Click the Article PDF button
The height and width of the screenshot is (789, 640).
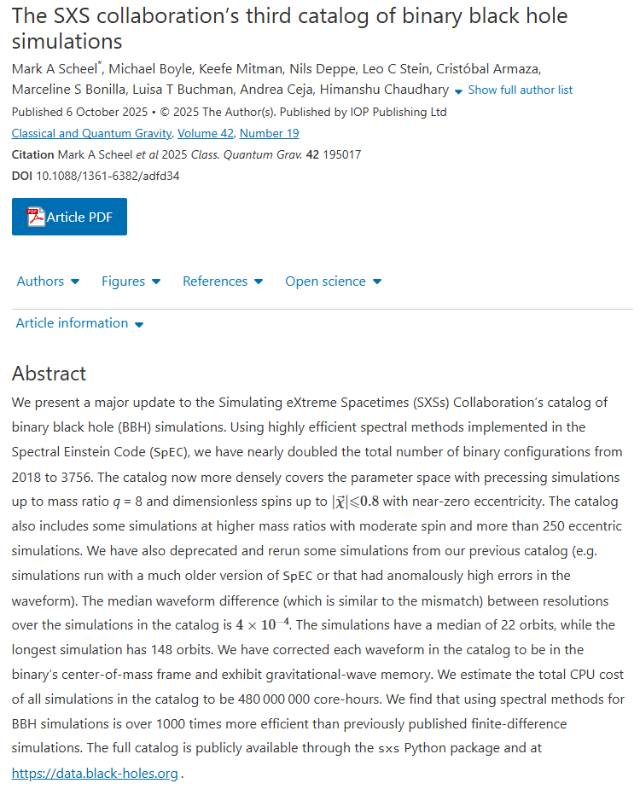pyautogui.click(x=69, y=217)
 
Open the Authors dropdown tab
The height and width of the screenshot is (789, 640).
pyautogui.click(x=48, y=281)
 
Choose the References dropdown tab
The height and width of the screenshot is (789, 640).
pyautogui.click(x=222, y=281)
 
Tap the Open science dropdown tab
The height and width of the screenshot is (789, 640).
pyautogui.click(x=333, y=281)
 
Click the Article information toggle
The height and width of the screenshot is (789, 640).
pyautogui.click(x=79, y=323)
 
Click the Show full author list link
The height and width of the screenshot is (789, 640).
pyautogui.click(x=520, y=90)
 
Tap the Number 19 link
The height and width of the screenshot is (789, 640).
pyautogui.click(x=269, y=133)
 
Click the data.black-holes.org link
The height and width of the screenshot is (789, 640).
pyautogui.click(x=95, y=774)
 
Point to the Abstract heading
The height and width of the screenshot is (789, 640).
pyautogui.click(x=49, y=374)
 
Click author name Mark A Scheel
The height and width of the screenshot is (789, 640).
pyautogui.click(x=54, y=68)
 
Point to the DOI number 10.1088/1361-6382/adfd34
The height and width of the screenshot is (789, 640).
pyautogui.click(x=108, y=176)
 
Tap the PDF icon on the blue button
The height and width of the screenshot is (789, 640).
pyautogui.click(x=36, y=217)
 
